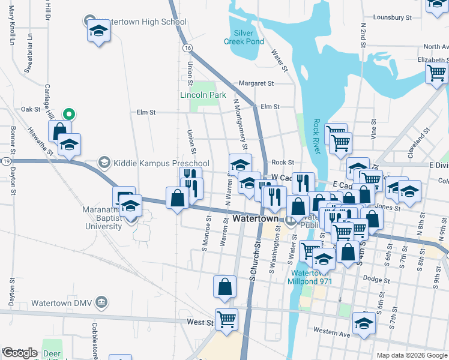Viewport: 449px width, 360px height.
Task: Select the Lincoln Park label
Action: [x=203, y=95]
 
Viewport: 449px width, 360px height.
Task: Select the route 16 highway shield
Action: [x=188, y=47]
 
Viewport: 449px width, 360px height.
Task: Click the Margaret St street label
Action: [x=256, y=83]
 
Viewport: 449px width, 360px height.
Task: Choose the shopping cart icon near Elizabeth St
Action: [x=436, y=73]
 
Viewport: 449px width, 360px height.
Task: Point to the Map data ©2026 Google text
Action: [x=411, y=355]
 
